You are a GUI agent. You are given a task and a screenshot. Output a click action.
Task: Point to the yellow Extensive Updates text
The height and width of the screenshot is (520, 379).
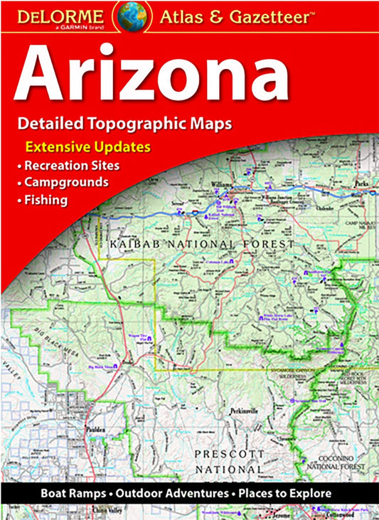(88, 148)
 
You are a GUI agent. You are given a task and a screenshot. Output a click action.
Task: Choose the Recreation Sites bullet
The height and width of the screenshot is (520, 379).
(71, 166)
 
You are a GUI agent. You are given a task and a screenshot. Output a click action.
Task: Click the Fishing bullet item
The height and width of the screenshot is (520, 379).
(46, 200)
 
